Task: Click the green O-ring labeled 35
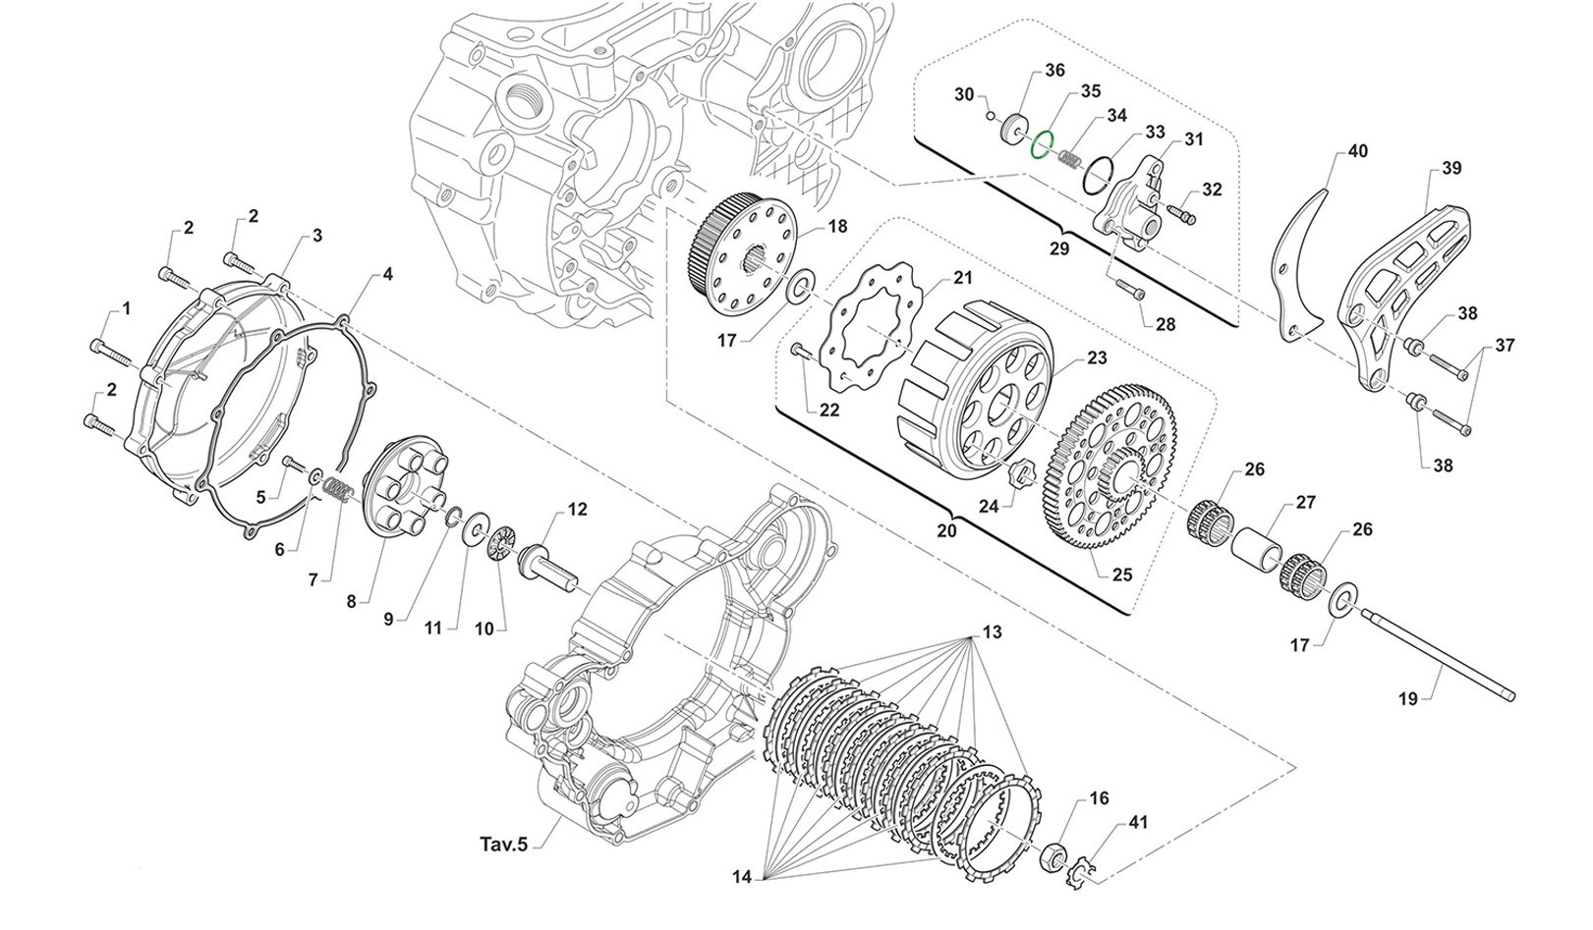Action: [1041, 143]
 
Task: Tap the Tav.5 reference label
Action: [503, 844]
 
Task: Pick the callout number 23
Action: [1096, 358]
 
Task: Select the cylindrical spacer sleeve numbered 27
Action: [1260, 547]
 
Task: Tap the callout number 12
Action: [577, 510]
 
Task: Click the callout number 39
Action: [1451, 169]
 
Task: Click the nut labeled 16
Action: [1053, 854]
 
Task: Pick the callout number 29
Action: [1058, 248]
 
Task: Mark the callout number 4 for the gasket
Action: [387, 275]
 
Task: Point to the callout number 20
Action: [947, 528]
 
